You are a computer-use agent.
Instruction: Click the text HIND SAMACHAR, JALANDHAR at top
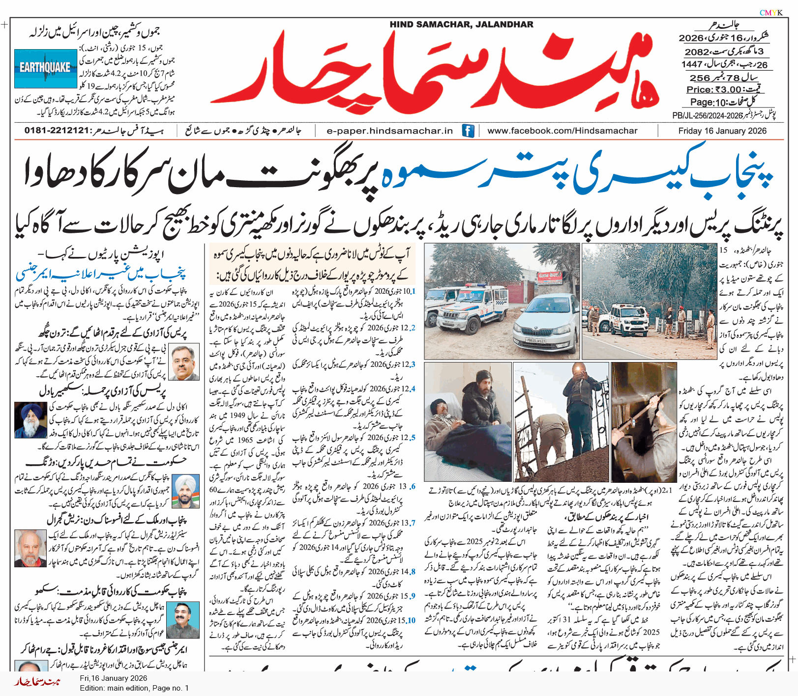461,25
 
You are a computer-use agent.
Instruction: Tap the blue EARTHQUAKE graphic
45,68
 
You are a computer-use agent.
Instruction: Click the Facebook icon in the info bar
468,131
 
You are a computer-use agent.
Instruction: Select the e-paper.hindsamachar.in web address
389,131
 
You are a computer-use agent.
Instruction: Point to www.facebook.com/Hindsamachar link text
562,131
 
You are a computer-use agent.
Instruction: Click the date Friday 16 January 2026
722,131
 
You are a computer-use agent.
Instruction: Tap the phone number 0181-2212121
58,131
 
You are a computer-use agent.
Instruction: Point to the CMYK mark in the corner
771,13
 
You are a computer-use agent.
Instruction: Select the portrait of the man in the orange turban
186,491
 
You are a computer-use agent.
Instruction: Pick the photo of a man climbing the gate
561,421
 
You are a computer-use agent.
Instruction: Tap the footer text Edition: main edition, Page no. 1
134,688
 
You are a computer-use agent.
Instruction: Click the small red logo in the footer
37,682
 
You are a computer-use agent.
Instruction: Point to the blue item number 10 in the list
412,620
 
